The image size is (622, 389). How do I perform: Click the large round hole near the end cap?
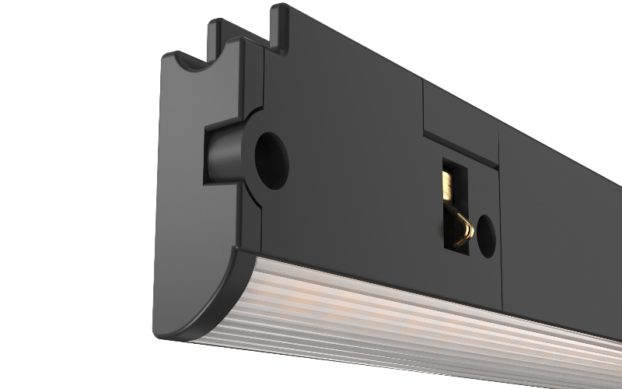271,159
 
